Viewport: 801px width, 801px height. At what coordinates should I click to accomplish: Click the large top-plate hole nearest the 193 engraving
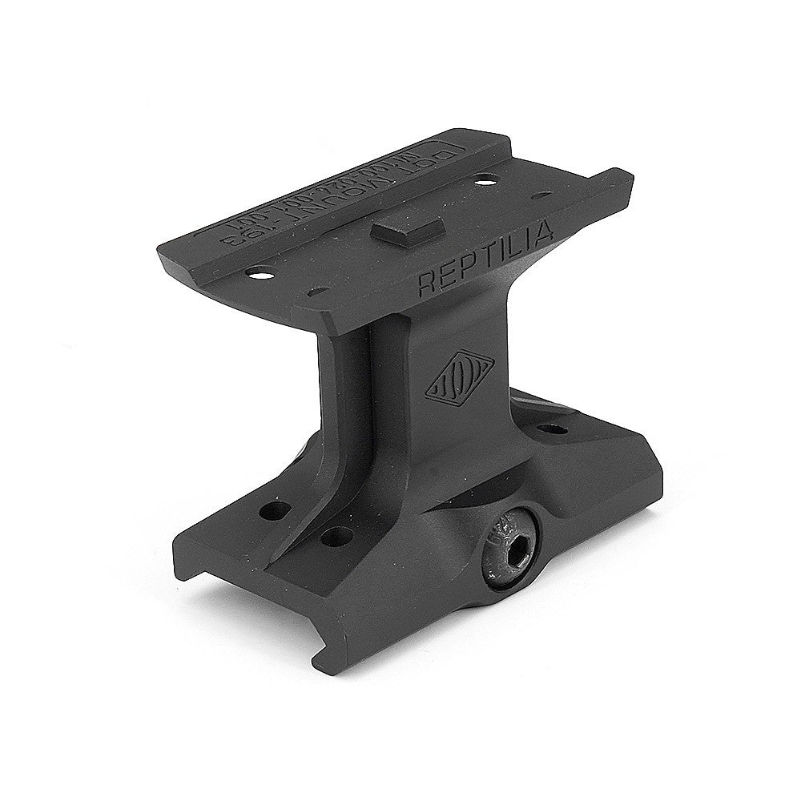(260, 274)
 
